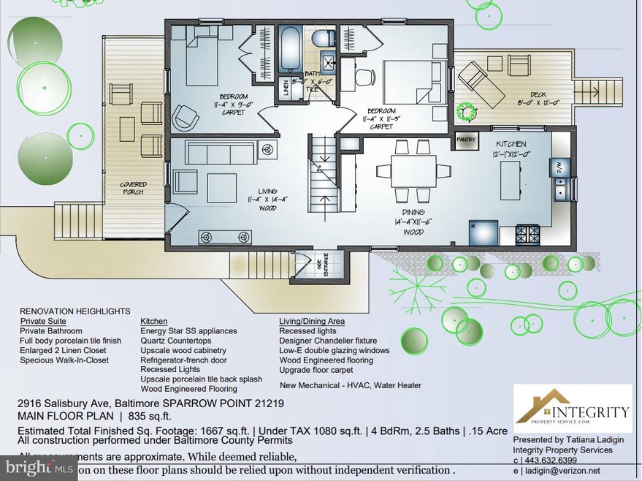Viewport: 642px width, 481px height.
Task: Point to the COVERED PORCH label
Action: pos(133,189)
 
